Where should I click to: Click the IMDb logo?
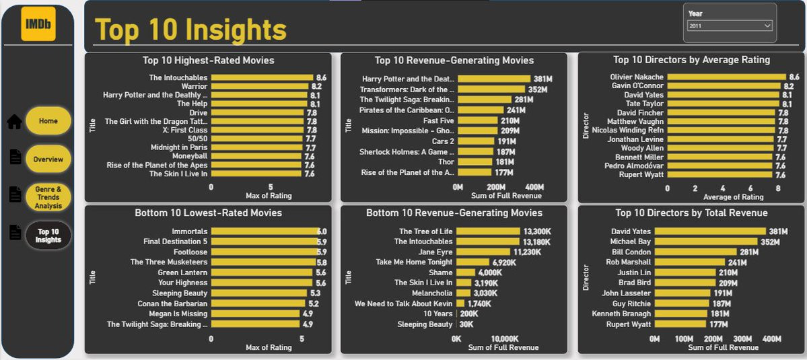pyautogui.click(x=38, y=24)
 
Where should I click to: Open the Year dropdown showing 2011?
pyautogui.click(x=730, y=26)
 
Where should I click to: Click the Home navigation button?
pyautogui.click(x=48, y=121)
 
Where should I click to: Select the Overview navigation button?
pyautogui.click(x=48, y=159)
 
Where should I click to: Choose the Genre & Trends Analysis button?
pyautogui.click(x=48, y=198)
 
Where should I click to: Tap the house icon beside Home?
pyautogui.click(x=14, y=122)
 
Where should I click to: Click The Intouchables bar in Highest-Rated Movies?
pyautogui.click(x=262, y=78)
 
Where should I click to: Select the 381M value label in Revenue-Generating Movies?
pyautogui.click(x=542, y=79)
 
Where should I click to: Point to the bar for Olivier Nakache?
pyautogui.click(x=727, y=77)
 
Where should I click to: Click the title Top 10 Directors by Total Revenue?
pyautogui.click(x=691, y=213)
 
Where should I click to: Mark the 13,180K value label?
pyautogui.click(x=536, y=242)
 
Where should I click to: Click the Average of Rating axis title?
pyautogui.click(x=733, y=197)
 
